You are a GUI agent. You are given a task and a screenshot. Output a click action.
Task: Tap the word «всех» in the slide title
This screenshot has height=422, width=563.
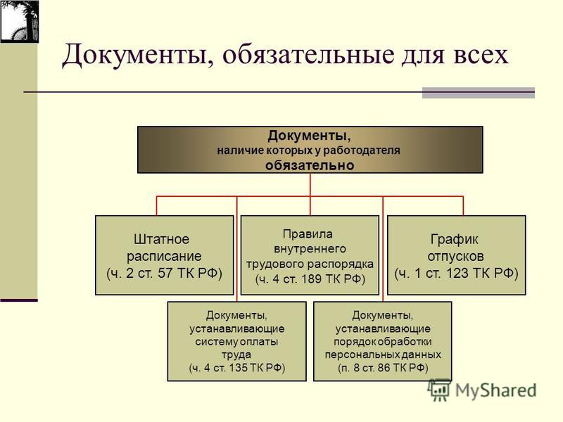point(481,56)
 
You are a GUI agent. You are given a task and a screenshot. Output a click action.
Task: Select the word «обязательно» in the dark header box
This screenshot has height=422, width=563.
point(310,165)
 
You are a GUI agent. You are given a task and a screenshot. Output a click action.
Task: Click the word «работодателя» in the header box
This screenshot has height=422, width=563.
point(362,151)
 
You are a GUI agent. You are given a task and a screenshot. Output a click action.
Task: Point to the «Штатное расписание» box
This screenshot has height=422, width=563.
point(165,255)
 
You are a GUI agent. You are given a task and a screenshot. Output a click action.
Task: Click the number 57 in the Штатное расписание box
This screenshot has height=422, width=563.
point(165,273)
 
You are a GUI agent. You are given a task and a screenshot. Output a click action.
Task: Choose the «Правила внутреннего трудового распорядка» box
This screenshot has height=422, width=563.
point(310,255)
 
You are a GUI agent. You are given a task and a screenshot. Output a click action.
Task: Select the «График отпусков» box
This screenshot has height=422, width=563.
point(456,255)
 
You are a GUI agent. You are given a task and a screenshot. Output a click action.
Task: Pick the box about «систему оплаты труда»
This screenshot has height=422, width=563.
point(237,341)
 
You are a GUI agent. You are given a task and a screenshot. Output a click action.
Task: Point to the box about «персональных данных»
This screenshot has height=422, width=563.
point(383,341)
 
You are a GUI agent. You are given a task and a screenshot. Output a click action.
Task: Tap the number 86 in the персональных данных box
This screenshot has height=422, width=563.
point(385,368)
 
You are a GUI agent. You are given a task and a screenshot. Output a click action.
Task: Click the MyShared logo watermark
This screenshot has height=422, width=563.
point(482,390)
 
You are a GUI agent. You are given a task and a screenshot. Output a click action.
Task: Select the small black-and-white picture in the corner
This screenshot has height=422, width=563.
point(20,22)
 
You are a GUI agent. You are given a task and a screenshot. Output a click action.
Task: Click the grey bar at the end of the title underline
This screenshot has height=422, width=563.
point(479,93)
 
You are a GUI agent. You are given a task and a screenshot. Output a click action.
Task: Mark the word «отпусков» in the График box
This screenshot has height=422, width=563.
point(455,256)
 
